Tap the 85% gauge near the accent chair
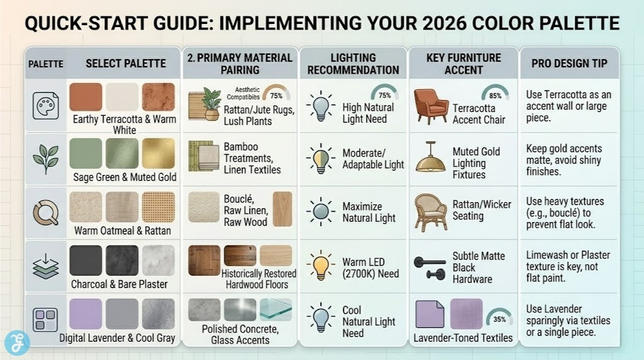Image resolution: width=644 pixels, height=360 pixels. pyautogui.click(x=495, y=94)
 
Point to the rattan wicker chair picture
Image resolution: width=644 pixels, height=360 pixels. pyautogui.click(x=430, y=212)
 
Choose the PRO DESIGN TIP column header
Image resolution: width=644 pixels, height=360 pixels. pyautogui.click(x=569, y=64)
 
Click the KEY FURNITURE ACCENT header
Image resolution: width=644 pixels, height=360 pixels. pyautogui.click(x=464, y=64)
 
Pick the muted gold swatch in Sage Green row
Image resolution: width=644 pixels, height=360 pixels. pyautogui.click(x=158, y=153)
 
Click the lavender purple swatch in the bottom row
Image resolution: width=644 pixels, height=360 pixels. pyautogui.click(x=86, y=313)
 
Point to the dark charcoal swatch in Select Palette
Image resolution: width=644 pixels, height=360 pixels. pyautogui.click(x=86, y=260)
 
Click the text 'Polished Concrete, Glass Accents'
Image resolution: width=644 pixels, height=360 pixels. pyautogui.click(x=240, y=334)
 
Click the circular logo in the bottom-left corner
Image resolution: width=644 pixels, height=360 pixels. pyautogui.click(x=17, y=342)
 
